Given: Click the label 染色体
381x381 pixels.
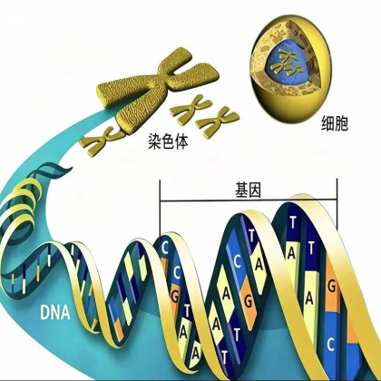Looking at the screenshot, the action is tap(168, 141).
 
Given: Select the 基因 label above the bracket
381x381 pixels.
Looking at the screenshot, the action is tap(248, 190).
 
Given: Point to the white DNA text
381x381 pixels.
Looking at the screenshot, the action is tap(55, 312).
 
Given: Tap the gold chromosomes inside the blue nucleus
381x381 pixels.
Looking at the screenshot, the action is tap(287, 63).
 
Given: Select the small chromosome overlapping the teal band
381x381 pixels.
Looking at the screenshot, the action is tap(103, 141).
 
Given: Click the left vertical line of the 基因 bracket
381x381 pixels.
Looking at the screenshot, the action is tap(160, 208).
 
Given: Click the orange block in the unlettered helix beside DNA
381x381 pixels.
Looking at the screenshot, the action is tap(119, 330).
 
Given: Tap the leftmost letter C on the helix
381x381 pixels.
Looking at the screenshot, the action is tap(165, 248).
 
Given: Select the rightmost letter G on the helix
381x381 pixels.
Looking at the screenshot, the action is tap(332, 287).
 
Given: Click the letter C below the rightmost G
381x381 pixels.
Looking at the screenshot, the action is tap(330, 344).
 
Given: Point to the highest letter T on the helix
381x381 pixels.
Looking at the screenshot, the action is tap(292, 223).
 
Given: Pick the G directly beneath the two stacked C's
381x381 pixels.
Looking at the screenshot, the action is tap(175, 297).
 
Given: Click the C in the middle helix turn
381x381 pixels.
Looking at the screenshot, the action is tap(238, 262).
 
